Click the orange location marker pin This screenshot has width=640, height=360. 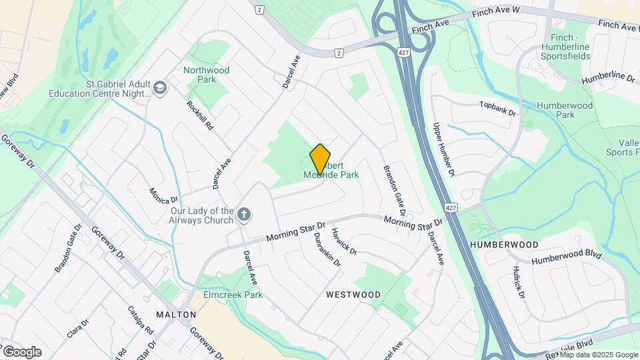pyautogui.click(x=320, y=159)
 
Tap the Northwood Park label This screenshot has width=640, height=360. pyautogui.click(x=206, y=75)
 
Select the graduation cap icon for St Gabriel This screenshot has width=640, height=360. pyautogui.click(x=160, y=87)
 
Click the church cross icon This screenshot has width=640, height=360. pyautogui.click(x=245, y=214)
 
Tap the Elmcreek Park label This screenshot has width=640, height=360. pyautogui.click(x=233, y=295)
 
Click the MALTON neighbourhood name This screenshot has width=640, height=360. pyautogui.click(x=176, y=314)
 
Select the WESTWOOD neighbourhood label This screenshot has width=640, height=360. pyautogui.click(x=353, y=294)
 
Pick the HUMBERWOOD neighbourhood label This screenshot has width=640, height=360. pyautogui.click(x=504, y=245)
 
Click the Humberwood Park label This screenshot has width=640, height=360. pyautogui.click(x=555, y=110)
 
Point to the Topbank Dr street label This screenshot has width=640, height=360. pyautogui.click(x=498, y=109)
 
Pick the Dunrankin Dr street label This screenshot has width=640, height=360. pyautogui.click(x=327, y=247)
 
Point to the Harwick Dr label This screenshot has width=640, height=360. pyautogui.click(x=345, y=242)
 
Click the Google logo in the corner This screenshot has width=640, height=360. pyautogui.click(x=22, y=352)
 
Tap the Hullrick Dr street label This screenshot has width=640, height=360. pyautogui.click(x=519, y=282)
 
